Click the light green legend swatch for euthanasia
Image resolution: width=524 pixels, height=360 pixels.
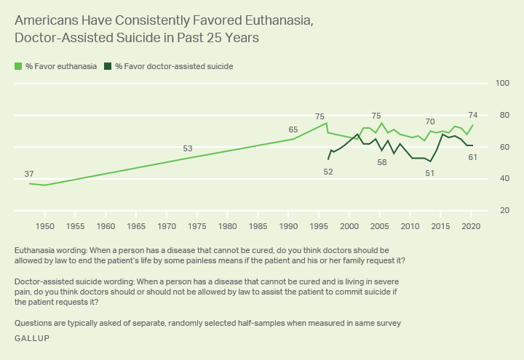point(18,66)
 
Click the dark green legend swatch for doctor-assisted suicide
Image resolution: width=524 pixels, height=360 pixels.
point(108,66)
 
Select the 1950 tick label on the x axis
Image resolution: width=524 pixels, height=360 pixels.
point(45,226)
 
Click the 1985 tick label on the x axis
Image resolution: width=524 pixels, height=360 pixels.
point(258,226)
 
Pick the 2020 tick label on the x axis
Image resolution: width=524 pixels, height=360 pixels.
point(472,226)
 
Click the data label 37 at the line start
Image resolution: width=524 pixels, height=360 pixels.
point(29,174)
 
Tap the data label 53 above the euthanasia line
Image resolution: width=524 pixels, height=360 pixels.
point(188,149)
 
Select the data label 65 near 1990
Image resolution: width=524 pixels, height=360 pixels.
point(293,129)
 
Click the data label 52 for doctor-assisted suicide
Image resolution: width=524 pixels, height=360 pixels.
point(328,172)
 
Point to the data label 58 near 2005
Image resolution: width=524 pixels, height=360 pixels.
point(382,162)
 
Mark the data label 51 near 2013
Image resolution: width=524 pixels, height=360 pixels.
point(430,173)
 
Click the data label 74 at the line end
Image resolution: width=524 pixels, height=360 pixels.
point(472,115)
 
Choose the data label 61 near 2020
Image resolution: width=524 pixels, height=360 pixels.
point(472,157)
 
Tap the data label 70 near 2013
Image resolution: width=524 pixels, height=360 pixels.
point(430,121)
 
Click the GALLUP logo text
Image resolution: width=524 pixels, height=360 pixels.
point(32,339)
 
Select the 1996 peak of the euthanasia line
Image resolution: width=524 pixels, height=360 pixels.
point(325,123)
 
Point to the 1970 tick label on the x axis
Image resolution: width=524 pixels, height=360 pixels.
point(167,226)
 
